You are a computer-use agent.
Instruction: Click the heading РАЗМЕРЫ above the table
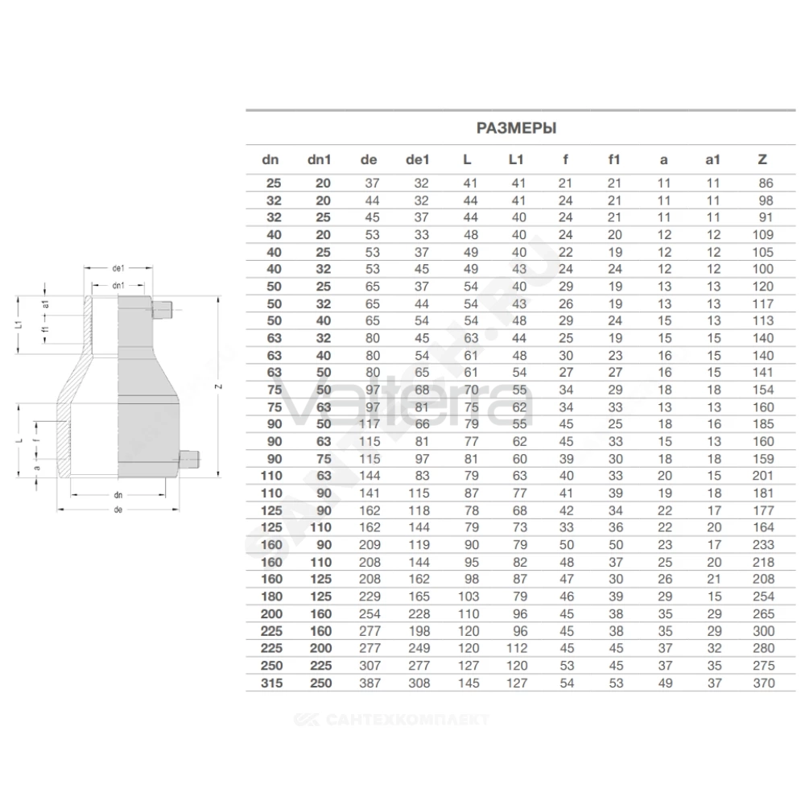click(x=516, y=128)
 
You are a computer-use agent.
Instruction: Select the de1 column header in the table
click(x=417, y=159)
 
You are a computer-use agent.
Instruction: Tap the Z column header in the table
click(x=762, y=159)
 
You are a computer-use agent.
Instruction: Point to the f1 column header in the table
click(x=614, y=159)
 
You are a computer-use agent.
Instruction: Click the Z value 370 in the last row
click(x=763, y=683)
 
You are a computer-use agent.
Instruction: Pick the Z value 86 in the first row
click(x=766, y=184)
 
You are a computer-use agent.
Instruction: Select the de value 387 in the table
click(x=369, y=683)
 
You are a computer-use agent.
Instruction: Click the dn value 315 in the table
click(x=271, y=683)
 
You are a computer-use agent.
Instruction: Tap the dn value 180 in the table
click(x=271, y=597)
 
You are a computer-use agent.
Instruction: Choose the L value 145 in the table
click(x=469, y=683)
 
